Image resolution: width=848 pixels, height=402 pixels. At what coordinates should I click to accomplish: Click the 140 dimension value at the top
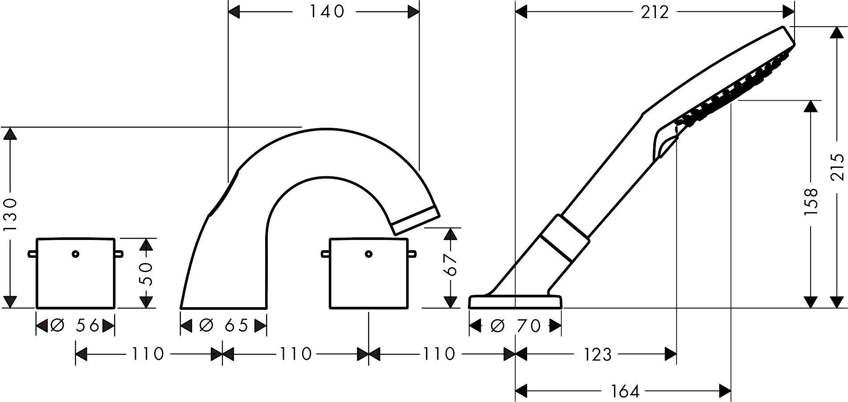click(x=327, y=12)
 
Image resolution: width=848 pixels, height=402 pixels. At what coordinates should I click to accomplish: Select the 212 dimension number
click(x=655, y=12)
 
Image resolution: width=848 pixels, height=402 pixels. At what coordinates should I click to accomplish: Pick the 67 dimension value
click(x=451, y=265)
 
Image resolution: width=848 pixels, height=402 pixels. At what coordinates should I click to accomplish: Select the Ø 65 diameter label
click(x=223, y=326)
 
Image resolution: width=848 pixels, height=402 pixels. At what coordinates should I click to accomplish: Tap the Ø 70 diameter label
click(x=515, y=326)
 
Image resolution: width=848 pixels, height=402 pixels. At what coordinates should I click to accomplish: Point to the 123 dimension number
click(x=598, y=354)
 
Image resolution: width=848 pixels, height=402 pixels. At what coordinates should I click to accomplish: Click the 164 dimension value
click(x=625, y=391)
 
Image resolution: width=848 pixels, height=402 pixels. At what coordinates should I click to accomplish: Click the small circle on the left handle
click(x=75, y=254)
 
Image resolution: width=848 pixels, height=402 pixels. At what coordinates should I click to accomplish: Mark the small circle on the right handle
click(x=368, y=254)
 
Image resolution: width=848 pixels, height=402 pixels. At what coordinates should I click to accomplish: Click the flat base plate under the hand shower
click(x=515, y=301)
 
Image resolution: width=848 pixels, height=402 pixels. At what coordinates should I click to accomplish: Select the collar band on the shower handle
click(x=565, y=238)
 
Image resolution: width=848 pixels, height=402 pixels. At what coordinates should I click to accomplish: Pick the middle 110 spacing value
click(x=295, y=354)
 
